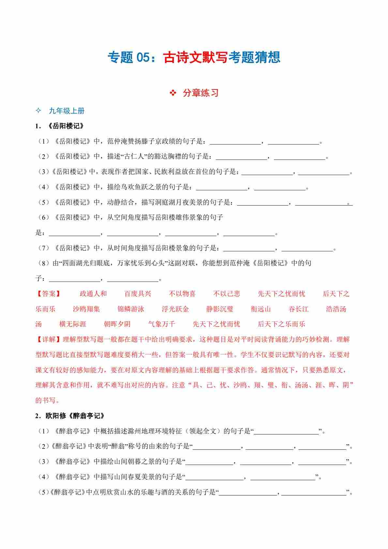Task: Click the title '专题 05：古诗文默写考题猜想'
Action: (x=194, y=57)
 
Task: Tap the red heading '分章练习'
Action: (x=201, y=93)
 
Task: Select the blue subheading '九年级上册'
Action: (x=67, y=111)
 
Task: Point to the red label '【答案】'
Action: (x=49, y=294)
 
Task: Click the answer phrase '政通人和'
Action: (x=93, y=294)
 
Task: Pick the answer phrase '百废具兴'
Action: (x=138, y=294)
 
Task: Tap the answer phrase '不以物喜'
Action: (x=182, y=294)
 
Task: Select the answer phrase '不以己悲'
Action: (x=227, y=294)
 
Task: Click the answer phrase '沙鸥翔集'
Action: (x=86, y=309)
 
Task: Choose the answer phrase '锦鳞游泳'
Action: (x=131, y=309)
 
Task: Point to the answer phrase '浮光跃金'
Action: (x=175, y=309)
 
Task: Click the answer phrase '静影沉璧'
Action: (x=220, y=309)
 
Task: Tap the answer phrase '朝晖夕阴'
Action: (x=117, y=324)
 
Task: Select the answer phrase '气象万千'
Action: (x=162, y=324)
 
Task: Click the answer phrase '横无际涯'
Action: (x=73, y=324)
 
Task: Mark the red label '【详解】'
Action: (x=49, y=339)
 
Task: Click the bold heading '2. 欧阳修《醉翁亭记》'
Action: (x=70, y=416)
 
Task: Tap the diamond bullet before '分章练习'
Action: (x=173, y=93)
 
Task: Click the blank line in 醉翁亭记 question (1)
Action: (x=286, y=431)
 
